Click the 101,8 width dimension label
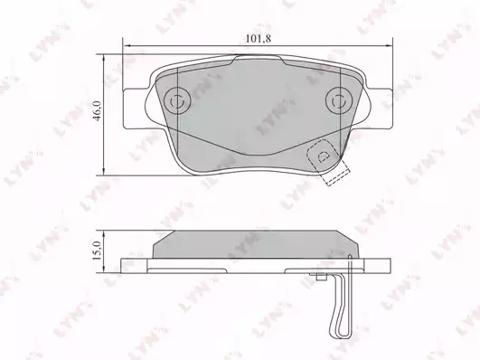[259, 39]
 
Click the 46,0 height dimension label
[98, 110]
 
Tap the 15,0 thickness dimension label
[98, 251]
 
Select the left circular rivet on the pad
[177, 100]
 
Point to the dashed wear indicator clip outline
[328, 162]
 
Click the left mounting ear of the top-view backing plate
[136, 109]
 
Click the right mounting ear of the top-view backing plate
[379, 109]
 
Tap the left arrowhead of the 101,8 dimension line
[127, 46]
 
